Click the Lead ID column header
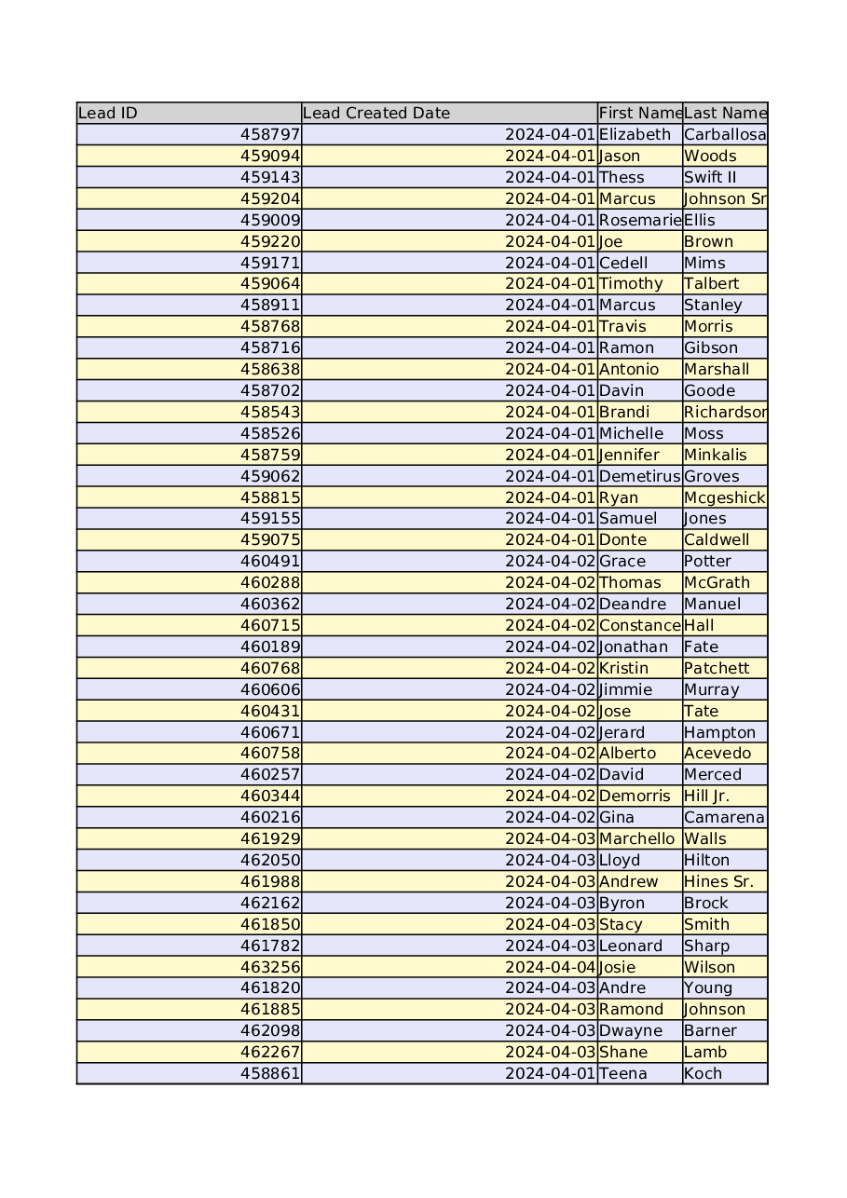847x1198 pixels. click(108, 114)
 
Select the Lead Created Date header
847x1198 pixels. click(376, 114)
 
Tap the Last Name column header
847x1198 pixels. click(725, 114)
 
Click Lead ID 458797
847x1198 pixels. click(270, 135)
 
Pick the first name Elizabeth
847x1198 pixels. click(635, 135)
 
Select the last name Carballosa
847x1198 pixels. click(725, 135)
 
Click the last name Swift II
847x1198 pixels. click(710, 178)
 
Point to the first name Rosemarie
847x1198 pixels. click(640, 221)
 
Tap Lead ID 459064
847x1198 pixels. click(270, 284)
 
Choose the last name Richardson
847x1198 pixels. click(725, 413)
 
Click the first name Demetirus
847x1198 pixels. click(640, 477)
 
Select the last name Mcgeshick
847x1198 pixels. click(724, 498)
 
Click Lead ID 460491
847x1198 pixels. click(270, 562)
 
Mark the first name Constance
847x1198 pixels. click(640, 626)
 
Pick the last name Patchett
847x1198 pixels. click(717, 669)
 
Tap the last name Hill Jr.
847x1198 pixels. click(707, 796)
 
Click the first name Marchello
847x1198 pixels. click(637, 839)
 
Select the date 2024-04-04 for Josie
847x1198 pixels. click(550, 968)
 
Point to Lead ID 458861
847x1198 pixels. click(270, 1074)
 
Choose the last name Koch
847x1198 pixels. click(703, 1074)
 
